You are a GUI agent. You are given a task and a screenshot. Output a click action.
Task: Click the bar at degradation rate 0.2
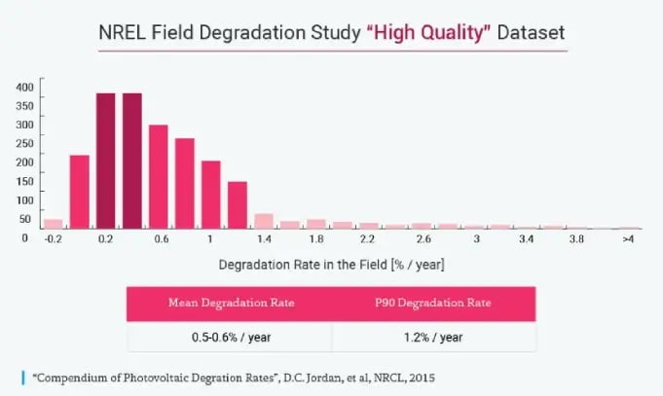[x=106, y=161]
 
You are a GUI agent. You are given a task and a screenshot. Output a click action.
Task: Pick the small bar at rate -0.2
[x=54, y=224]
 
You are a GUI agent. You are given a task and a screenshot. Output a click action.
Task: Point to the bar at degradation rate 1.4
[x=264, y=221]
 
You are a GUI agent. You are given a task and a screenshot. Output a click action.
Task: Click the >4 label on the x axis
[x=629, y=238]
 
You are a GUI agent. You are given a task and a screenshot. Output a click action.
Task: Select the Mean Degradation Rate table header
[x=229, y=304]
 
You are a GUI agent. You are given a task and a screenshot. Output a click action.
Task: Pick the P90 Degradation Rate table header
[x=433, y=304]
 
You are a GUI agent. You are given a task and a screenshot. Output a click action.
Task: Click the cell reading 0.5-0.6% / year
[x=229, y=337]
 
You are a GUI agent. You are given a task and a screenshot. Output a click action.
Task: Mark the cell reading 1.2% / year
[x=433, y=337]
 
